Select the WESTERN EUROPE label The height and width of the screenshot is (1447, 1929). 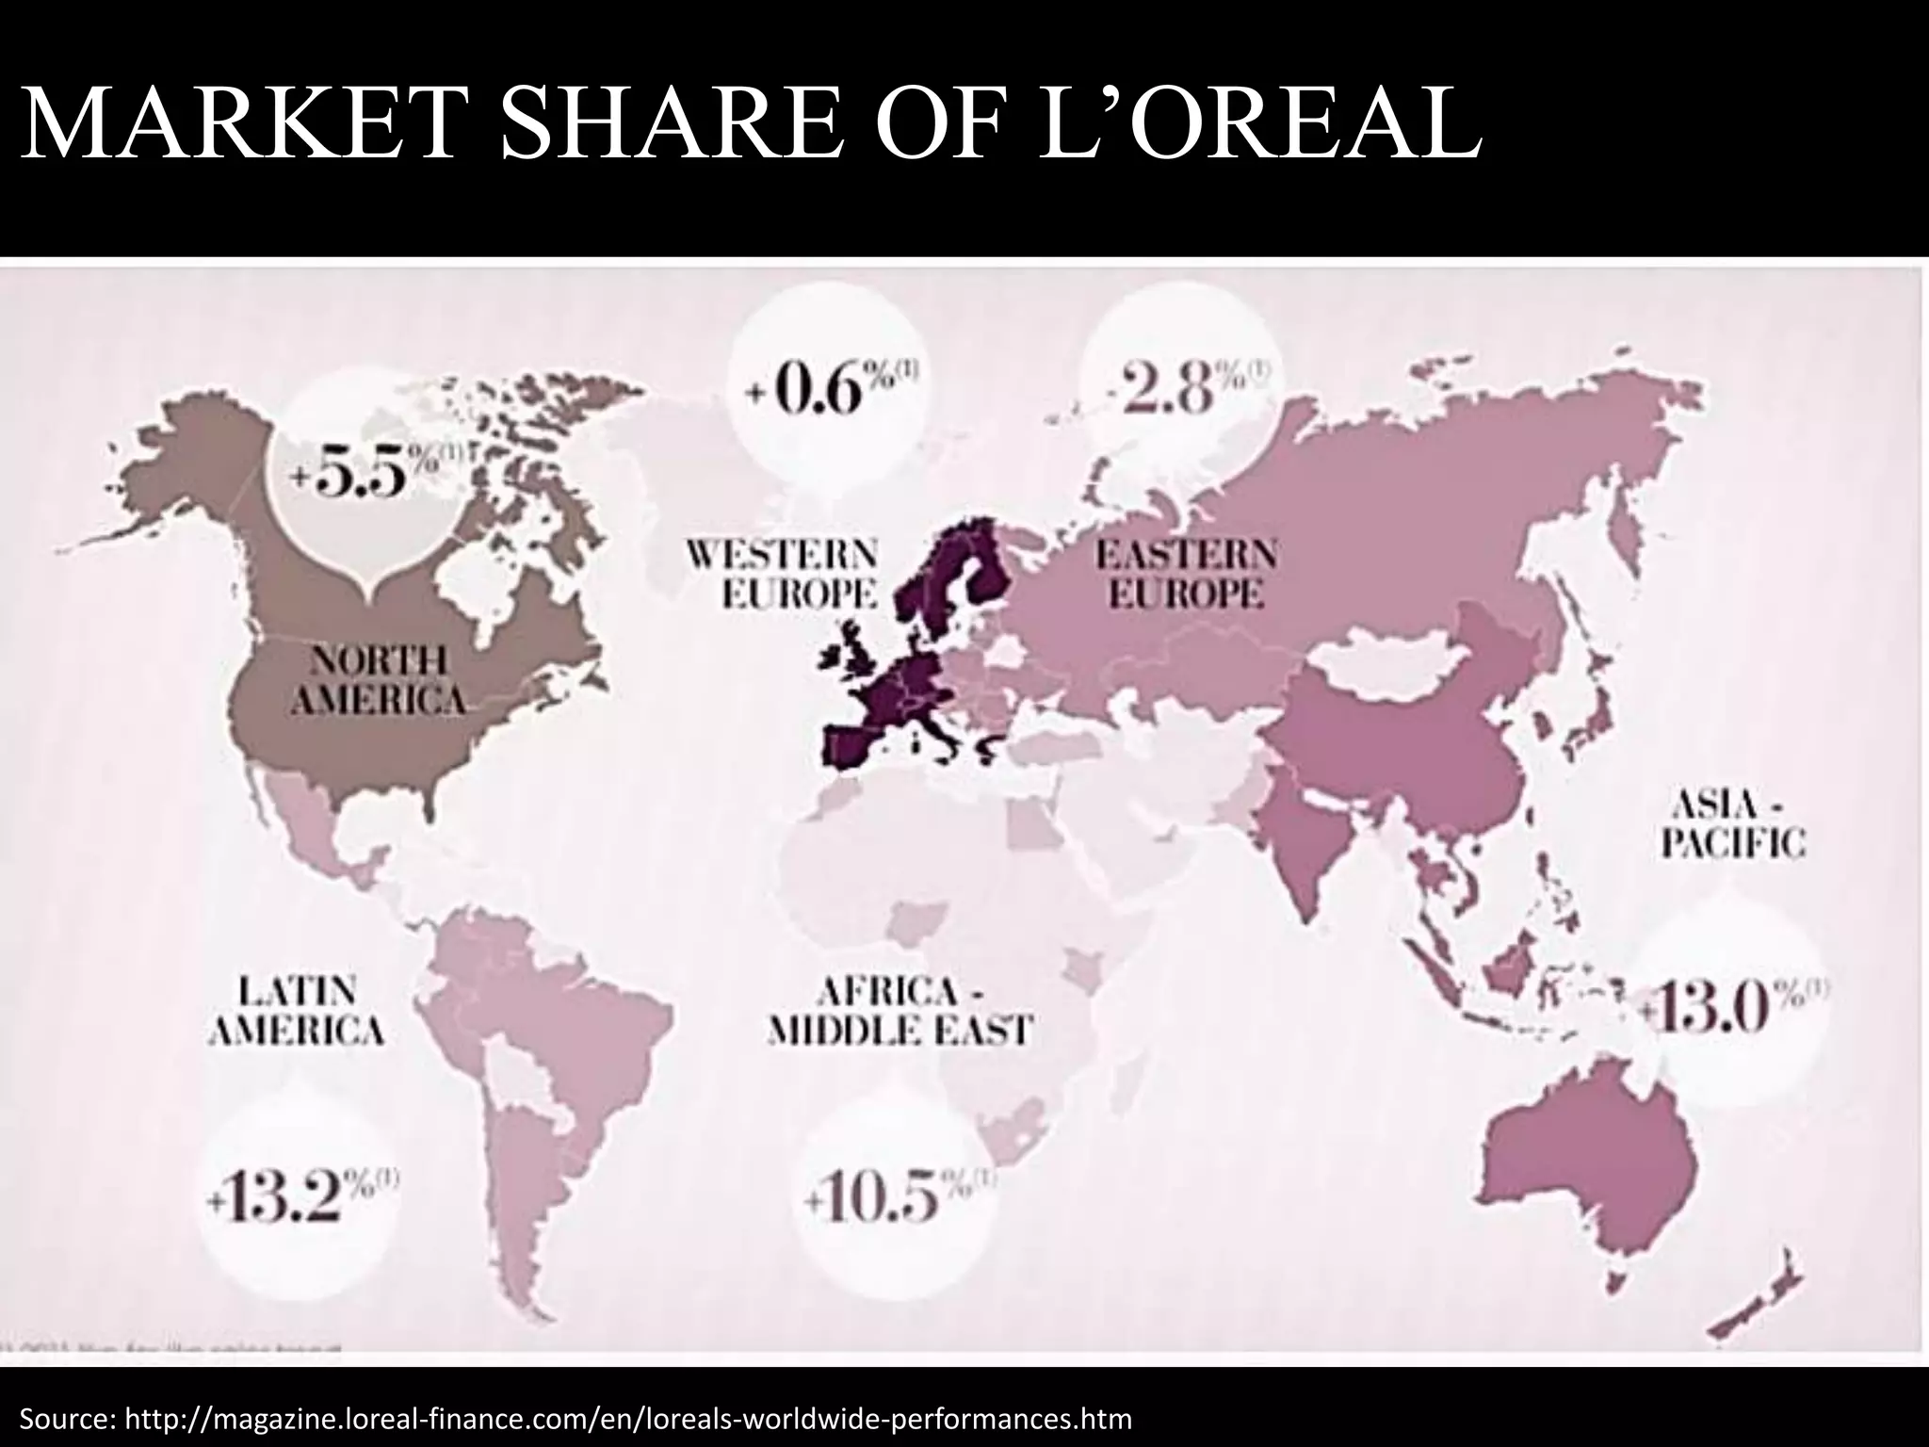(781, 574)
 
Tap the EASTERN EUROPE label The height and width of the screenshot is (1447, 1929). (1186, 574)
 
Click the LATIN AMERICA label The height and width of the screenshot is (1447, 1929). (296, 1011)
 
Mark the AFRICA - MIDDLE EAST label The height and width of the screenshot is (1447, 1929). (900, 1011)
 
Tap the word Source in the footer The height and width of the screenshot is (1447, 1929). (64, 1417)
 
